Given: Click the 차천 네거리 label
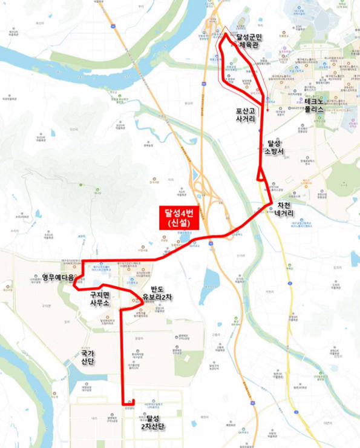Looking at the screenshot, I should point(284,209).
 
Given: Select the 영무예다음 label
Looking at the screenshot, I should point(57,278).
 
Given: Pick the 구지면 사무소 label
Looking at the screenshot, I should point(99,298).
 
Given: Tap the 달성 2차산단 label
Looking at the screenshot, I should point(152,422).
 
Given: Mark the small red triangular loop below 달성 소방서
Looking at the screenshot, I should point(260,175).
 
